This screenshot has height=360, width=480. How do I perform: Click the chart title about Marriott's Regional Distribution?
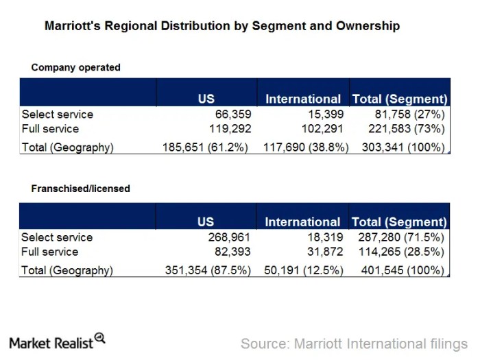(x=221, y=27)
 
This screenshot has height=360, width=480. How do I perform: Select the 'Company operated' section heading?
(x=75, y=67)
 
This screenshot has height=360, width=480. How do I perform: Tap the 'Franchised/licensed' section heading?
(x=80, y=188)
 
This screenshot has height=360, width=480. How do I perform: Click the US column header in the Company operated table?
(x=206, y=99)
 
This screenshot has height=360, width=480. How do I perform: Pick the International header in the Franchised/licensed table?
(x=302, y=222)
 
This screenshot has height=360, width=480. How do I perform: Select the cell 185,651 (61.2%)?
(x=205, y=147)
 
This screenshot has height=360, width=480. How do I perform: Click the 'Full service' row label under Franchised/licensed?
(x=50, y=252)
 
